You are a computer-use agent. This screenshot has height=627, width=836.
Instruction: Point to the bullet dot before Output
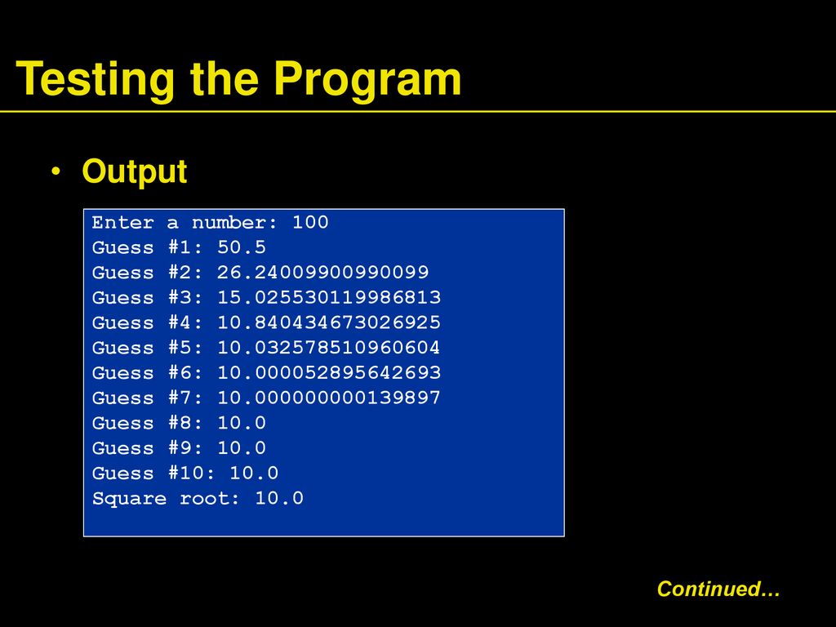tap(56, 171)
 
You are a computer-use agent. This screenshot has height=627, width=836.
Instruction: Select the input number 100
tap(310, 222)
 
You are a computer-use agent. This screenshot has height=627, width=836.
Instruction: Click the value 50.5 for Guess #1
tap(242, 247)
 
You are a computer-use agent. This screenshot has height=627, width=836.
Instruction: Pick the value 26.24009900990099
tap(322, 273)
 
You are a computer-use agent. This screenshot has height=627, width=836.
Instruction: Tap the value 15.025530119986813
tap(329, 297)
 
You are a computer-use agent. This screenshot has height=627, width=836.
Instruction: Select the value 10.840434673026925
tap(329, 322)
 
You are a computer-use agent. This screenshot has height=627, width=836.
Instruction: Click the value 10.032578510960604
tap(328, 348)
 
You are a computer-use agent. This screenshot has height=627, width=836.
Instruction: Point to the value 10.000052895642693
tap(329, 372)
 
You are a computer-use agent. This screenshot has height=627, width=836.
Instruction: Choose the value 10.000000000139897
tap(329, 398)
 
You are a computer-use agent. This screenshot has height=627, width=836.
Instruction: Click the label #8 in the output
tap(185, 423)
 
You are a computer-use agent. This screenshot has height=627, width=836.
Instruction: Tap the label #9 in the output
tap(185, 448)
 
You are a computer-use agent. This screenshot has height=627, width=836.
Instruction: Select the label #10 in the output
tap(192, 473)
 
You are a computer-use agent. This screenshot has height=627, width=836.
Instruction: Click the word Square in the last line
tap(129, 499)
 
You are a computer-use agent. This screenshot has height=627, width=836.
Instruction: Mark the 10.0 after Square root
tap(279, 498)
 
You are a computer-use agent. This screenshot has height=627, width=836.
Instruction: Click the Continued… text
tap(718, 589)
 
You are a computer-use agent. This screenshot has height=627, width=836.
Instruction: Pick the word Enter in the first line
tap(122, 222)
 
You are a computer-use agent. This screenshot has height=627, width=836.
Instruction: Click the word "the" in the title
tap(225, 79)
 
